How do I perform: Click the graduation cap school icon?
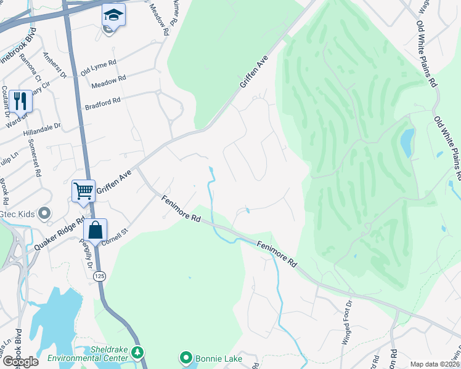coord(113,15)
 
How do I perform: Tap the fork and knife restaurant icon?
coord(20,100)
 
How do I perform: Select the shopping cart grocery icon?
coord(83,190)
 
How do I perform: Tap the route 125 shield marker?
coord(99,277)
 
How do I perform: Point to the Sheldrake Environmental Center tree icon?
coord(139,353)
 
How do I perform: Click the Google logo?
coord(20,362)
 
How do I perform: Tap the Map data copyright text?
coord(434,364)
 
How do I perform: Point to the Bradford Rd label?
coord(103,101)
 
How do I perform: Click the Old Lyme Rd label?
coord(99,68)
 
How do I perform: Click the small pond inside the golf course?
coord(407,143)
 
